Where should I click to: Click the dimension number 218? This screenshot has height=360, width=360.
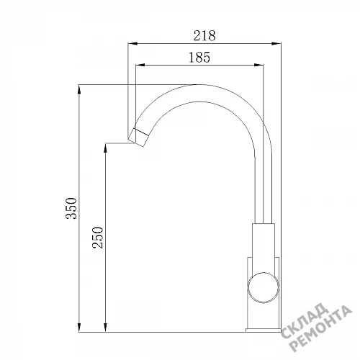204,35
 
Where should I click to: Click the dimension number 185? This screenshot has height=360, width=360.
199,58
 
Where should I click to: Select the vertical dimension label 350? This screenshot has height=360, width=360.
71,208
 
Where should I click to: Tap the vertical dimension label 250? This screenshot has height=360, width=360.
98,238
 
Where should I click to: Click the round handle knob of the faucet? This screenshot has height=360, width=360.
264,287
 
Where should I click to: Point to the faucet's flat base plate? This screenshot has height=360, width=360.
264,330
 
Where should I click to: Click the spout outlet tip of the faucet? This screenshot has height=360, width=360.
136,142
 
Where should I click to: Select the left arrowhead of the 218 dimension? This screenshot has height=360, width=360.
132,43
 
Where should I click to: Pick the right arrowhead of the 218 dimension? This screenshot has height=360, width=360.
276,43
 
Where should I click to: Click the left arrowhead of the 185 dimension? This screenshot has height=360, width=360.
140,65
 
